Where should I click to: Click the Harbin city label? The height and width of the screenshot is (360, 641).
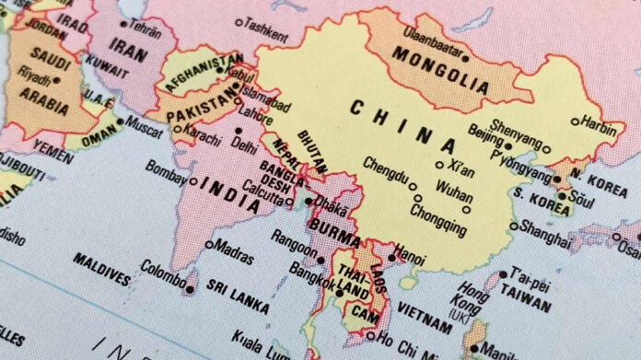(599, 120)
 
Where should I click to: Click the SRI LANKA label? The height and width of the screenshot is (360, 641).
(238, 299)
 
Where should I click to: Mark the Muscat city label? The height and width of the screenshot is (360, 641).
(143, 121)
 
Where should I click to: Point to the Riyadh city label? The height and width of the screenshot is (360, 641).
(34, 79)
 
